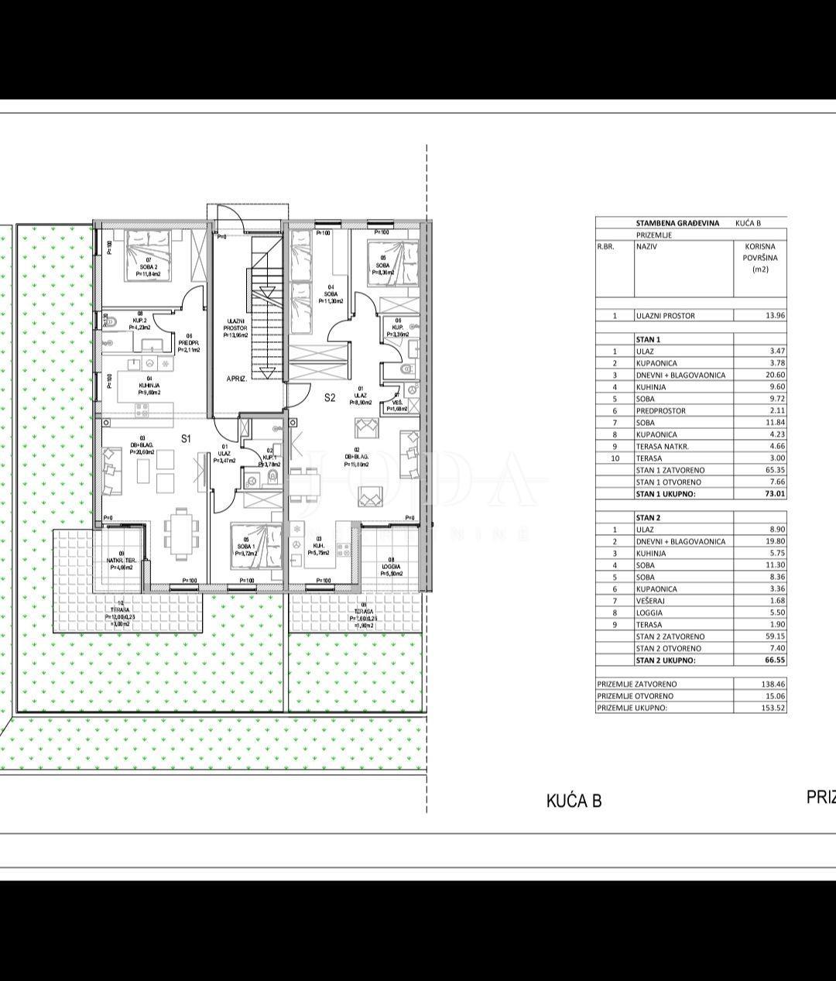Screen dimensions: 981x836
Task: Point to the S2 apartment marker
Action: coord(330,397)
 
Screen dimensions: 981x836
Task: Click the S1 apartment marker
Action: coord(186,438)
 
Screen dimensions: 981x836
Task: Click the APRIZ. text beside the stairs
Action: coord(236,379)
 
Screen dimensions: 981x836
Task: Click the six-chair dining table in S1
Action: coord(180,533)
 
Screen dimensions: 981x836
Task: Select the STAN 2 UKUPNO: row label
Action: coord(665,660)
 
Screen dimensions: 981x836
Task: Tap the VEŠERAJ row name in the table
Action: coord(653,601)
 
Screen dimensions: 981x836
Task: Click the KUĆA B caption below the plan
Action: coord(574,801)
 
